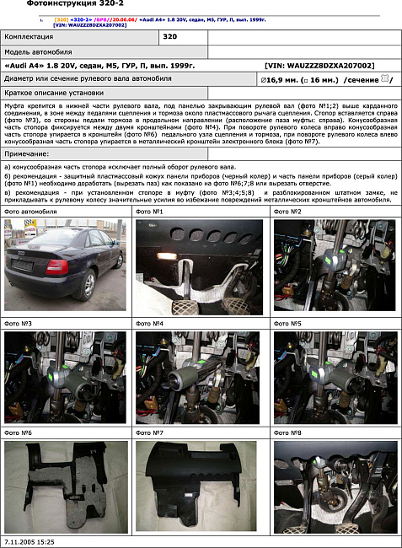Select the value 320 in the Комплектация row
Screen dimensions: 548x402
[x=169, y=37]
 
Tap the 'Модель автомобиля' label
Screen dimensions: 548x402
[x=38, y=51]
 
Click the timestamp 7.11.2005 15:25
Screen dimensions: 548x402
[x=29, y=541]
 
